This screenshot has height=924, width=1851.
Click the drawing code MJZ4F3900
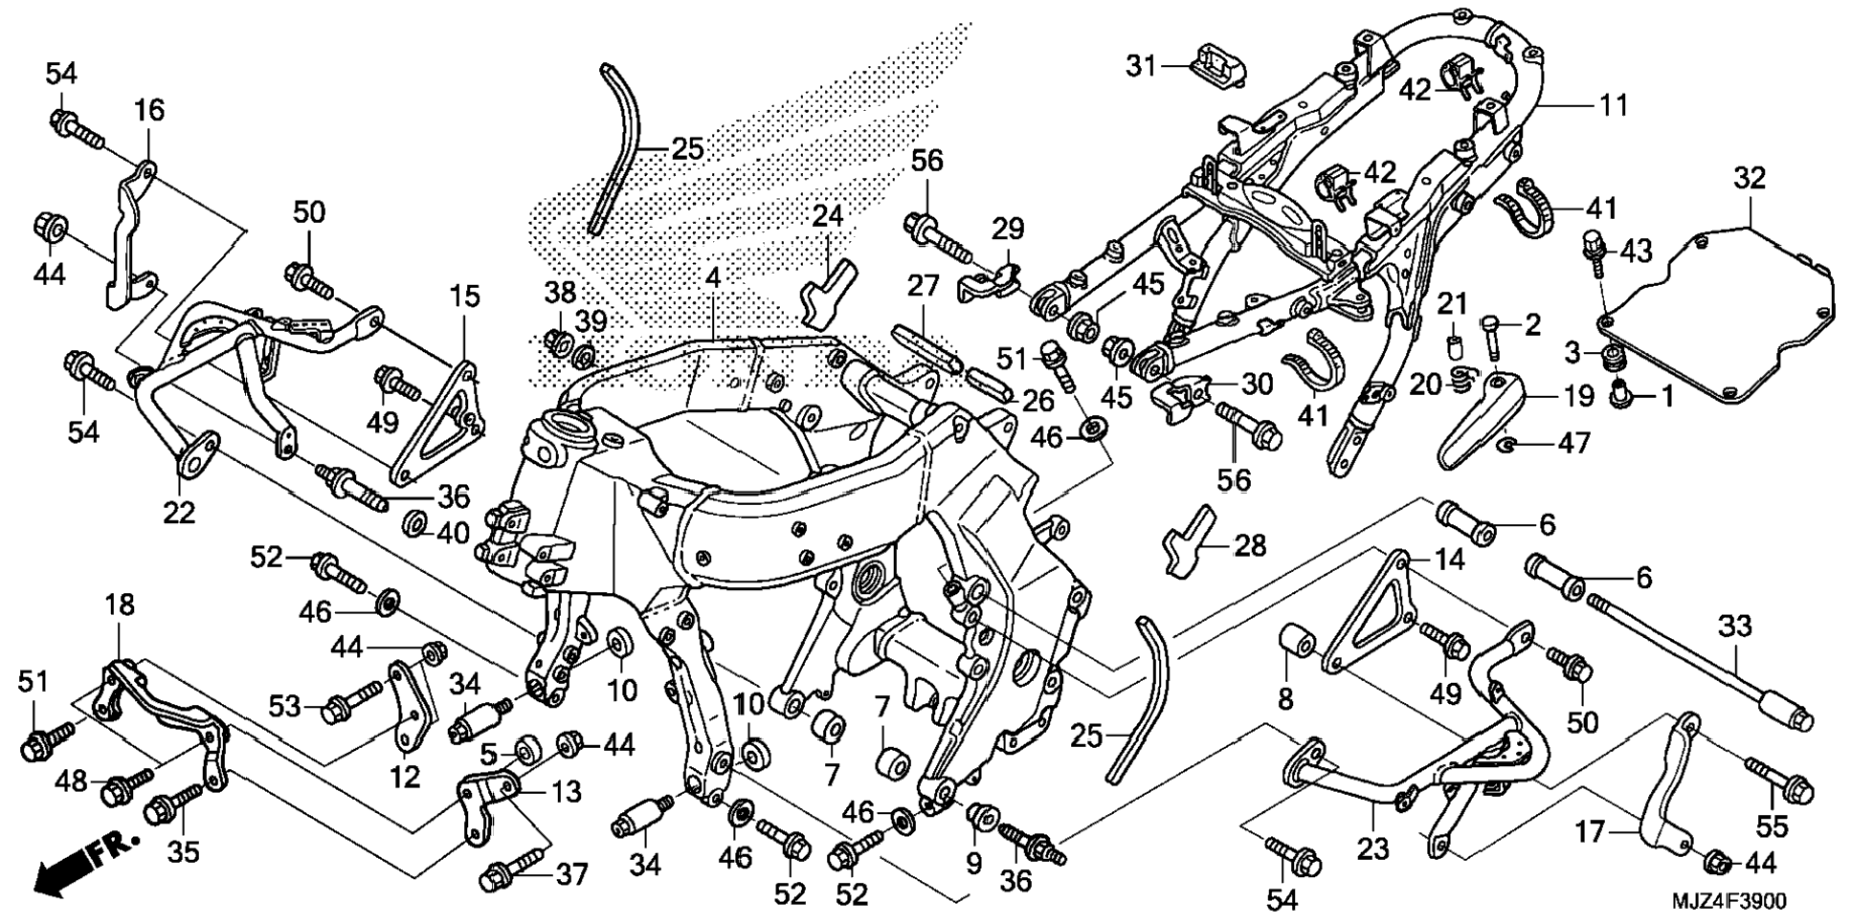tap(1728, 901)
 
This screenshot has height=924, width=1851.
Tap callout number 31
tap(1140, 67)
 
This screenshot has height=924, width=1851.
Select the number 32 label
tap(1750, 178)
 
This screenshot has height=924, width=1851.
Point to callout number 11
tap(1615, 104)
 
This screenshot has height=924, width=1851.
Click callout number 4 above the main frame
tap(712, 278)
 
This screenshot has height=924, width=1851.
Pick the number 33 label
tap(1734, 627)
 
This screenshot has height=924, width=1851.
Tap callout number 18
tap(120, 605)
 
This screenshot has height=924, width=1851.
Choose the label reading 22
tap(179, 513)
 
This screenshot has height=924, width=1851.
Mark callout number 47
tap(1574, 444)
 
